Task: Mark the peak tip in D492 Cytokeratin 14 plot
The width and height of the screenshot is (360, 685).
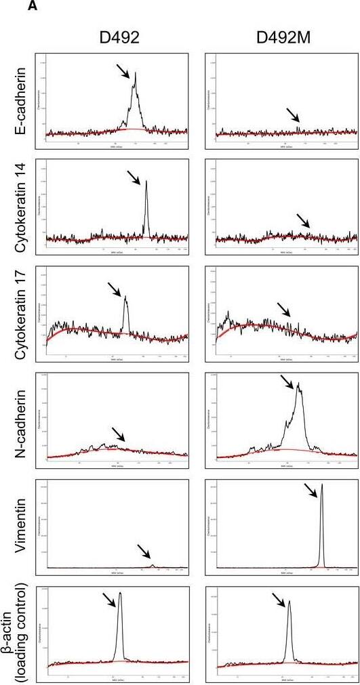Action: coord(146,181)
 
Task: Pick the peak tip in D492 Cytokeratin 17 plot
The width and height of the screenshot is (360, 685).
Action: coord(125,296)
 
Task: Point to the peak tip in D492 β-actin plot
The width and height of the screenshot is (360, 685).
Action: coord(121,593)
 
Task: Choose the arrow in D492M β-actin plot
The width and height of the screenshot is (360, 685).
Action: coord(279,600)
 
